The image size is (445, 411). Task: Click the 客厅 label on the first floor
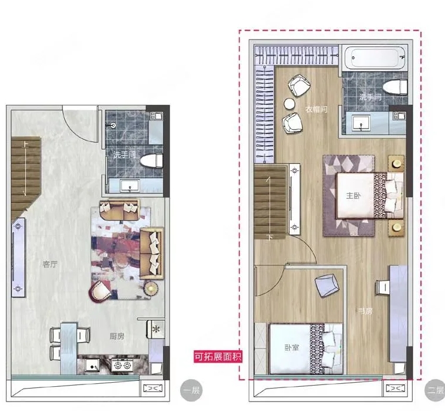[50, 264]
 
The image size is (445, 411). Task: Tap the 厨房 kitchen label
[117, 336]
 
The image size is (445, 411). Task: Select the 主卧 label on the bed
[353, 196]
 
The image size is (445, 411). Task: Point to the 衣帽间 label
[317, 109]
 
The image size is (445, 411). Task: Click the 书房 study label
[366, 311]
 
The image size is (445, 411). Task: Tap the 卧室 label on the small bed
[292, 347]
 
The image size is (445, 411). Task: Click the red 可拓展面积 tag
[218, 356]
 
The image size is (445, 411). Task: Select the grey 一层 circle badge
[191, 390]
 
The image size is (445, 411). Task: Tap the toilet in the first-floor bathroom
[151, 162]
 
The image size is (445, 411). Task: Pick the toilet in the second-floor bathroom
[395, 87]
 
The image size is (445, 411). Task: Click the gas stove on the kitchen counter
[122, 364]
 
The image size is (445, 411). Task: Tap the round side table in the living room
[151, 289]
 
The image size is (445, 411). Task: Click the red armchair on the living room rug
[100, 291]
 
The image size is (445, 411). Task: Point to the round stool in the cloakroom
[289, 103]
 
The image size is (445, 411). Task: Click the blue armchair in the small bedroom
[327, 285]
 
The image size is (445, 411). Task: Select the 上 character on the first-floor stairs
[25, 144]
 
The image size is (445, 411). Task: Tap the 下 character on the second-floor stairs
[270, 237]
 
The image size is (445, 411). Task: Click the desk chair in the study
[383, 287]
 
